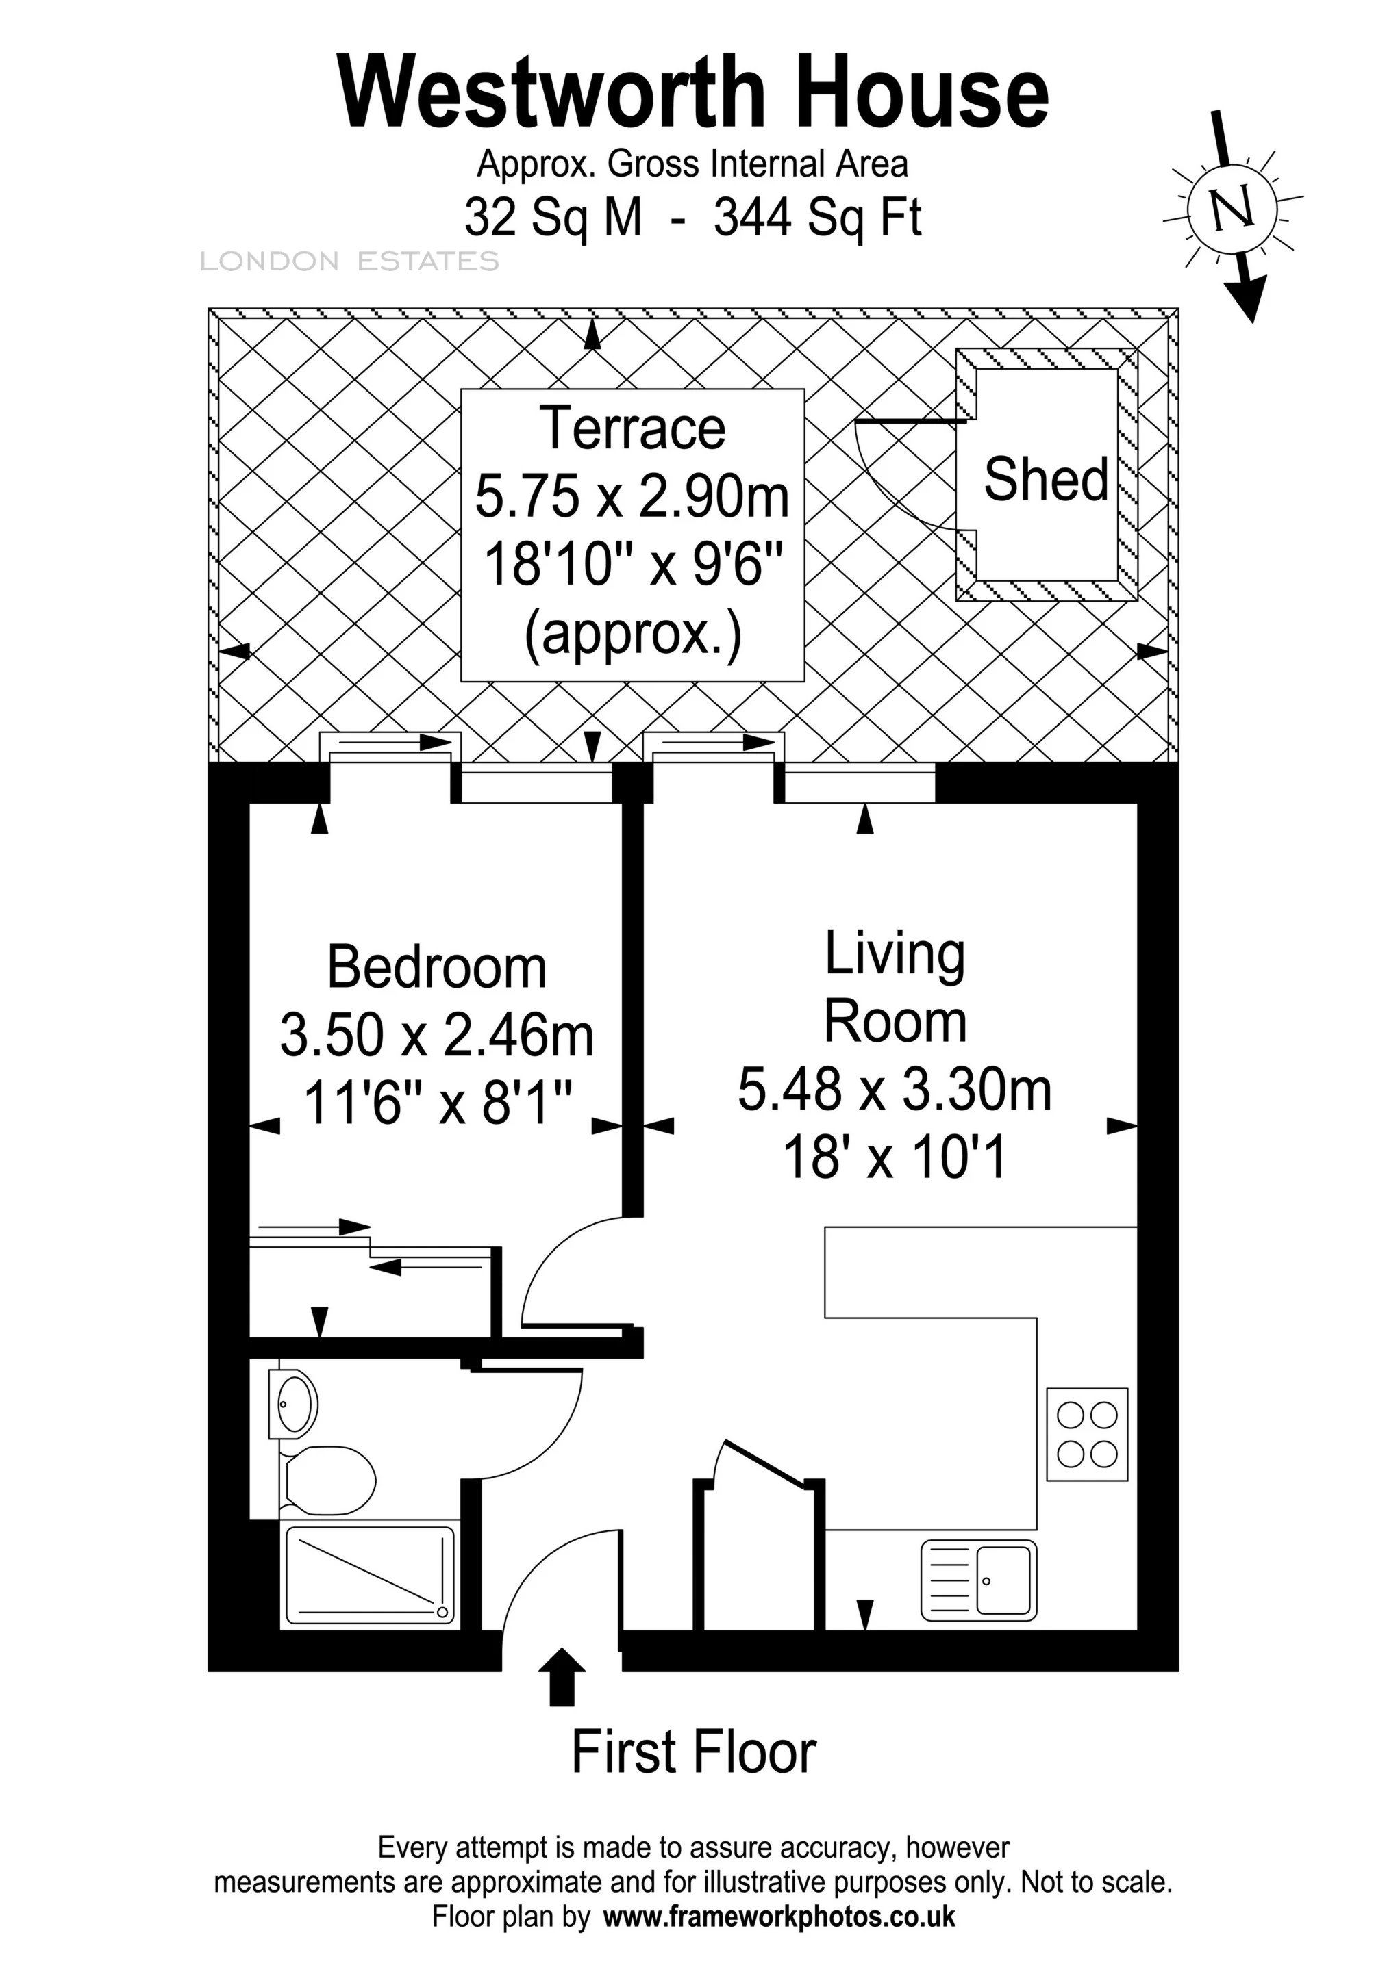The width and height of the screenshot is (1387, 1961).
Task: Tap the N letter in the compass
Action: pos(1232,208)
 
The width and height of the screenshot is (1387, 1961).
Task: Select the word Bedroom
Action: pos(437,968)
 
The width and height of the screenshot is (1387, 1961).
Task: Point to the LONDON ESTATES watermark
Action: pos(349,261)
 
